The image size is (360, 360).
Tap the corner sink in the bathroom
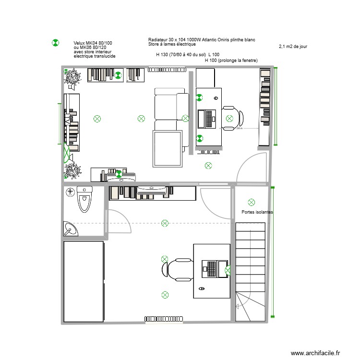[70, 229]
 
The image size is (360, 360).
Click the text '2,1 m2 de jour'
[292, 47]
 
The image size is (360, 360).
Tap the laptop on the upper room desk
[209, 119]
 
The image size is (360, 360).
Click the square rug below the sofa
[167, 147]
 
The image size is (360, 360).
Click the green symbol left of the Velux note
[55, 43]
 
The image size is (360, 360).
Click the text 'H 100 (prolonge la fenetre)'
[231, 60]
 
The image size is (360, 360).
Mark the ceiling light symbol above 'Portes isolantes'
[251, 202]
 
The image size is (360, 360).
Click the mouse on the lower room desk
[201, 289]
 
